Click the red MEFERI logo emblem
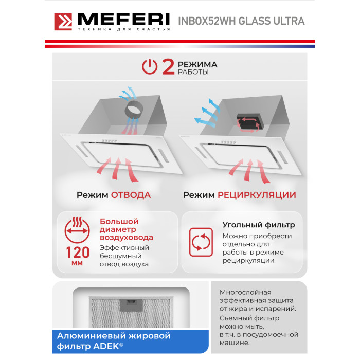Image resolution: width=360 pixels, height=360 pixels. (63, 22)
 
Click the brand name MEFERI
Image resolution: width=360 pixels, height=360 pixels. (124, 20)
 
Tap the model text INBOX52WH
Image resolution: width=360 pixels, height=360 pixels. (207, 21)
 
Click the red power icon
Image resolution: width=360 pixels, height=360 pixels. (150, 67)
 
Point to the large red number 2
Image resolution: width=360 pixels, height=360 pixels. (168, 67)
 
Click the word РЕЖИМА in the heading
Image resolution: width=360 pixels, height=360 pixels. (197, 64)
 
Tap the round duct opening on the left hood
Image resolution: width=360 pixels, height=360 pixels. (134, 110)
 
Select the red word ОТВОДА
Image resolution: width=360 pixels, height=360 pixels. (131, 195)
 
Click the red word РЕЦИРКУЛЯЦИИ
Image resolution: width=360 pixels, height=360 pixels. (257, 195)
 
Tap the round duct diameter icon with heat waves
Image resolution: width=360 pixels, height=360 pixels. (77, 229)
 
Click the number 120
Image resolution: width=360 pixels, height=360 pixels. (78, 253)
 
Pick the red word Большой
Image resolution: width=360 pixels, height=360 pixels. (119, 221)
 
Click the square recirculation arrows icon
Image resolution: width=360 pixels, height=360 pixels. (201, 242)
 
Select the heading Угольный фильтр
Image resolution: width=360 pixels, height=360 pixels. (259, 225)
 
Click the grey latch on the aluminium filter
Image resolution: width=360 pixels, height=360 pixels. (131, 305)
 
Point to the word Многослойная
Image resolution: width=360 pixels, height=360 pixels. (245, 292)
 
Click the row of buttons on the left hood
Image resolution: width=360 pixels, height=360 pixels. (109, 140)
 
